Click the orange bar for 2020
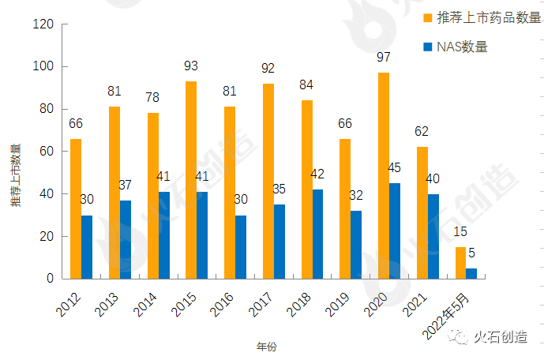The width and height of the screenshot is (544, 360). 384,175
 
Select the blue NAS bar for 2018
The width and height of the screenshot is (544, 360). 318,234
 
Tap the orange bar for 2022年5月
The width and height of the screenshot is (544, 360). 460,263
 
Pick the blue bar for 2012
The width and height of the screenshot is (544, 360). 87,247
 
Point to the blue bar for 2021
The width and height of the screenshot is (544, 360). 433,236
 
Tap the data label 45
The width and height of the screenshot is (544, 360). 394,169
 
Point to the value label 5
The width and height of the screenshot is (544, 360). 471,254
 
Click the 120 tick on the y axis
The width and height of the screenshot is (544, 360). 43,24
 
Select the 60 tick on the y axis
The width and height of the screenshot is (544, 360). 47,152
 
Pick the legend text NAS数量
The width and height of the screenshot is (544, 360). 462,47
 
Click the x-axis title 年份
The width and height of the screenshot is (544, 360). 267,347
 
